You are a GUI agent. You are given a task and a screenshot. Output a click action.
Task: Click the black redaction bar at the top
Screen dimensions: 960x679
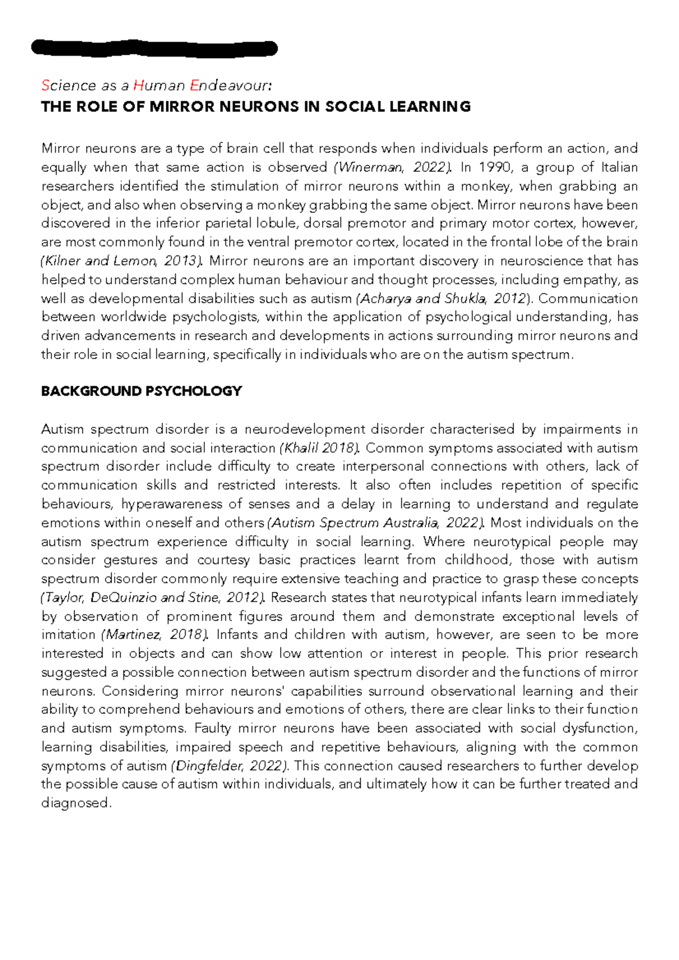click(154, 49)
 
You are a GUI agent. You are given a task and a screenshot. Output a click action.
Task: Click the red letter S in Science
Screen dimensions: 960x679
click(45, 85)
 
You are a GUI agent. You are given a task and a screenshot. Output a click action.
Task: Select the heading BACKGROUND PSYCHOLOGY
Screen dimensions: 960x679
click(141, 391)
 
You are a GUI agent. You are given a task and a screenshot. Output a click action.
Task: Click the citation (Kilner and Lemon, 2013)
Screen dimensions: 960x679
click(122, 261)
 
